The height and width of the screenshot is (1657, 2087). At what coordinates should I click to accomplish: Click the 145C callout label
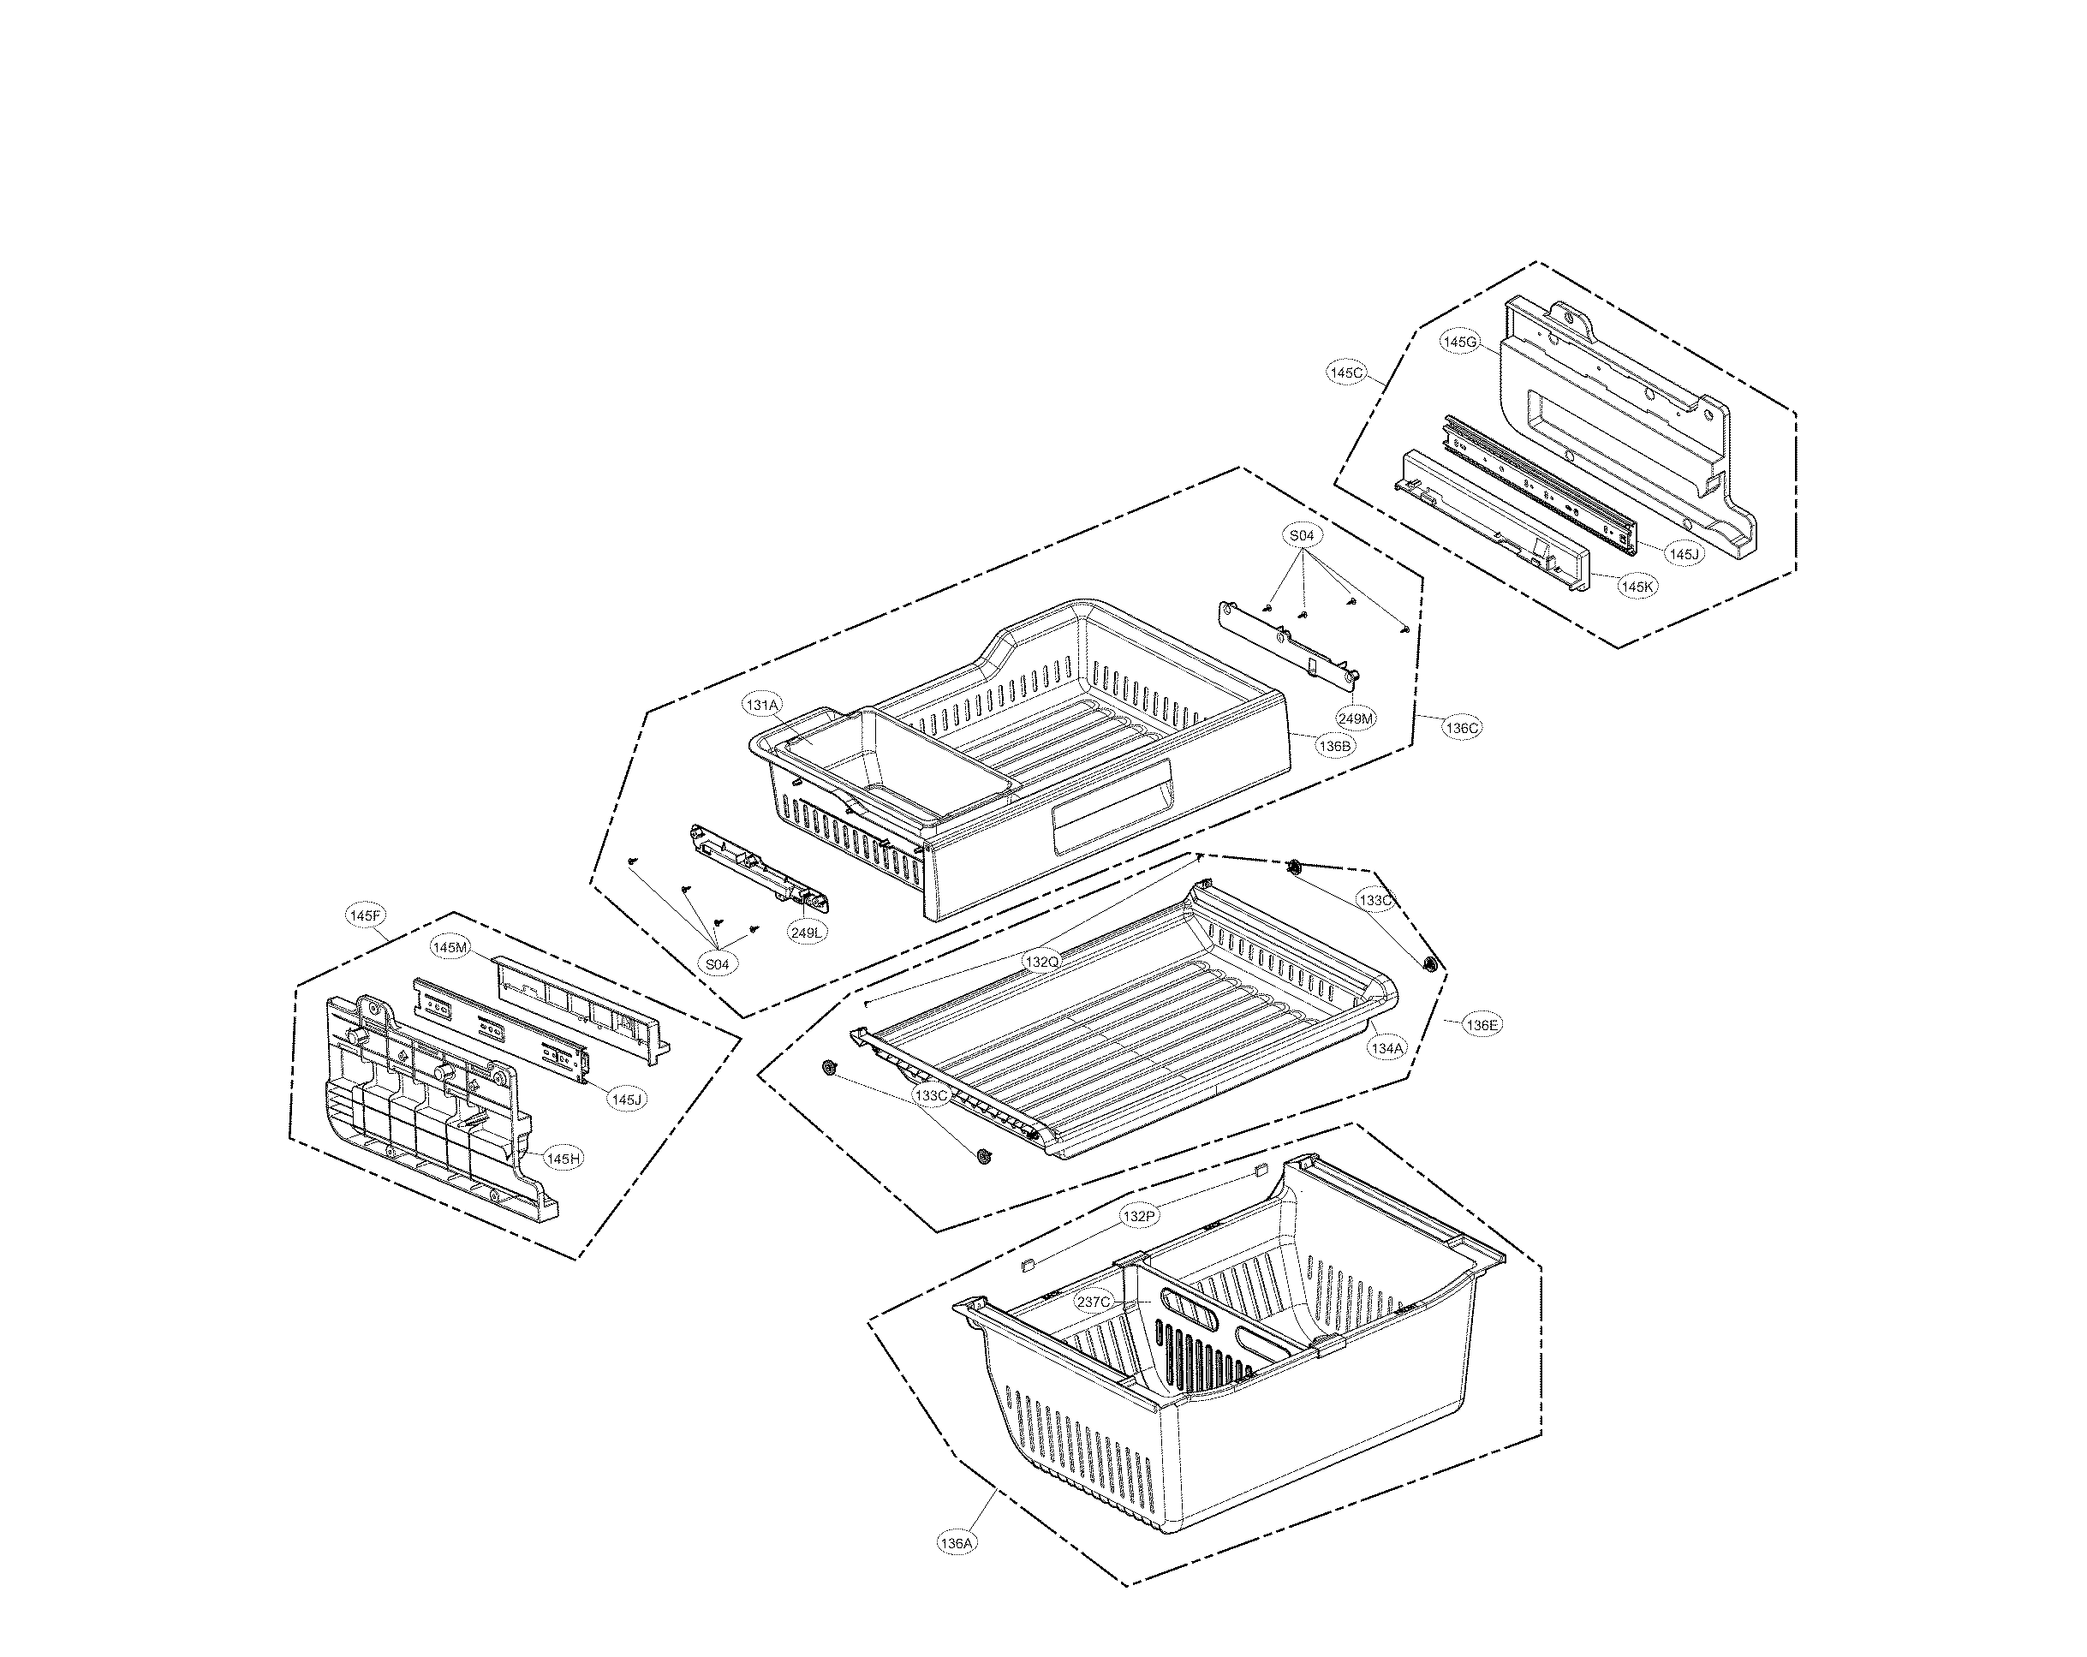1346,372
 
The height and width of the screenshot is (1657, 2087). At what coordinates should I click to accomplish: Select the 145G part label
1460,342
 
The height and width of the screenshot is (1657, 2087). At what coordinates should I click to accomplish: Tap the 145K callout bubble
1638,586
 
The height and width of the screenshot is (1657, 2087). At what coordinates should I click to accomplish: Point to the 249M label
1355,718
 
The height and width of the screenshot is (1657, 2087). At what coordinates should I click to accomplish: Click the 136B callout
1334,745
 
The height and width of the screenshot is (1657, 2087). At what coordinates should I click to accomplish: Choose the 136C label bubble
1462,727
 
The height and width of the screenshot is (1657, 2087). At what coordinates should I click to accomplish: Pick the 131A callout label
763,705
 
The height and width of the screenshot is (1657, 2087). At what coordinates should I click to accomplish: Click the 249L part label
807,932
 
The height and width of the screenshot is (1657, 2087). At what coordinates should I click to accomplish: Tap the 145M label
450,948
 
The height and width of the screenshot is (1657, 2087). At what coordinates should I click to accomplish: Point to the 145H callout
563,1159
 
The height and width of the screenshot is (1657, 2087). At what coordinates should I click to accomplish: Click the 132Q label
1042,961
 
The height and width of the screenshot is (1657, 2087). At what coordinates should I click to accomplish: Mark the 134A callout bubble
1386,1047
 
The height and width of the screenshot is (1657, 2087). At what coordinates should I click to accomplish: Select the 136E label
1483,1024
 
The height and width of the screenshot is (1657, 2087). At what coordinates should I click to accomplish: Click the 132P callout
1139,1216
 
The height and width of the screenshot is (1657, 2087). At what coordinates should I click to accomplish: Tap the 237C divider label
1094,1302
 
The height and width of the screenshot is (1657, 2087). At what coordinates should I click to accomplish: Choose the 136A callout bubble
956,1543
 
